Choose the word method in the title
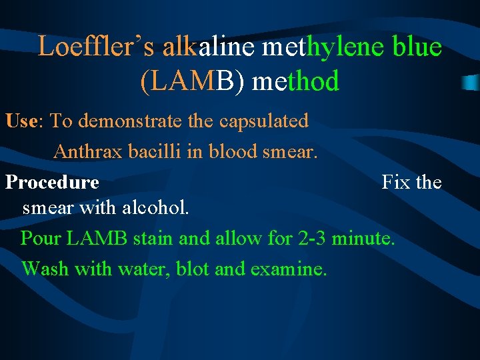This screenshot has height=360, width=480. tap(296, 82)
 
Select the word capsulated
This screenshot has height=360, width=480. tap(263, 121)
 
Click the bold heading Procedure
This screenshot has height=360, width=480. tap(52, 183)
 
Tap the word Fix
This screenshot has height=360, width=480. tap(395, 182)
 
